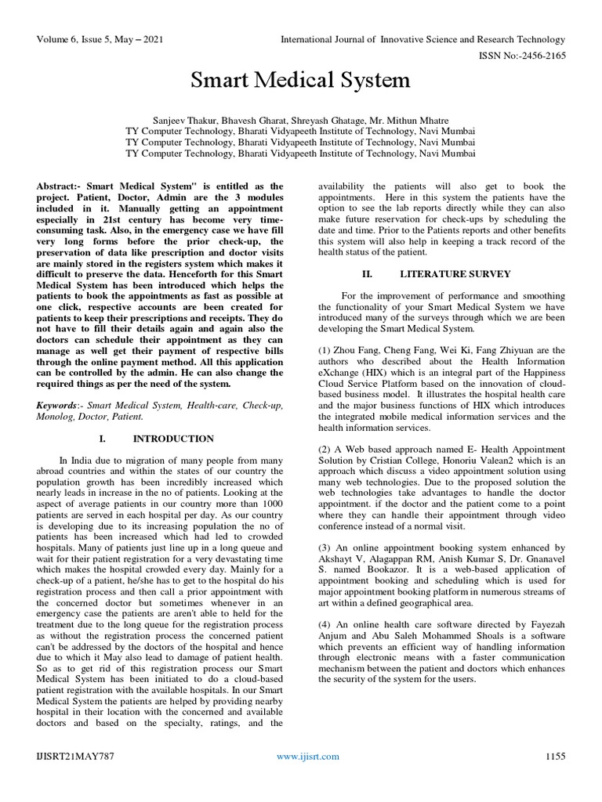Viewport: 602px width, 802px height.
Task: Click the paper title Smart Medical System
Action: (x=301, y=80)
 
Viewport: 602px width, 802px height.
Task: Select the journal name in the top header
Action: (x=421, y=38)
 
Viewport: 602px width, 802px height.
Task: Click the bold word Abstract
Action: (x=59, y=187)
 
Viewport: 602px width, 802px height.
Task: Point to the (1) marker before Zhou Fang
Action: (x=326, y=350)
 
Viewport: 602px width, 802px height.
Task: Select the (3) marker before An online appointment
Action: (x=326, y=547)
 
